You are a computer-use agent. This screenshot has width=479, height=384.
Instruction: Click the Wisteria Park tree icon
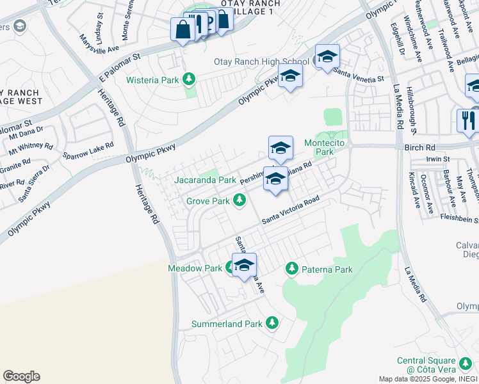[188, 79]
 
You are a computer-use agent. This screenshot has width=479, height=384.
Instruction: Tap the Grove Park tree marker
[239, 201]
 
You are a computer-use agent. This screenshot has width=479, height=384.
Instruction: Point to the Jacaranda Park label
[205, 180]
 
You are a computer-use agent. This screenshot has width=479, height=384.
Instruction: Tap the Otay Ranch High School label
[261, 62]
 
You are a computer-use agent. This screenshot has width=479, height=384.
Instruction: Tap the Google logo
[21, 376]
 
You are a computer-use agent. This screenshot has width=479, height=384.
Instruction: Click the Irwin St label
[439, 158]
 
